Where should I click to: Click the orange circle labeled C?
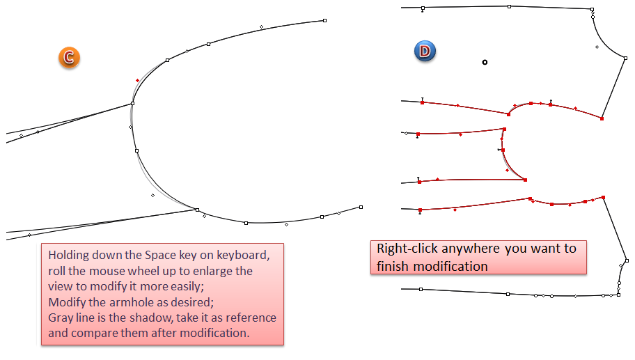pyautogui.click(x=69, y=58)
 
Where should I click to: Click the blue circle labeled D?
pyautogui.click(x=425, y=50)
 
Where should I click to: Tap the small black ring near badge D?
pyautogui.click(x=485, y=63)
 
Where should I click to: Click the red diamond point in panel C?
pyautogui.click(x=137, y=81)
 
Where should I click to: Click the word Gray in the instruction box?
pyautogui.click(x=62, y=318)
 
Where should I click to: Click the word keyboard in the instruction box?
pyautogui.click(x=240, y=254)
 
